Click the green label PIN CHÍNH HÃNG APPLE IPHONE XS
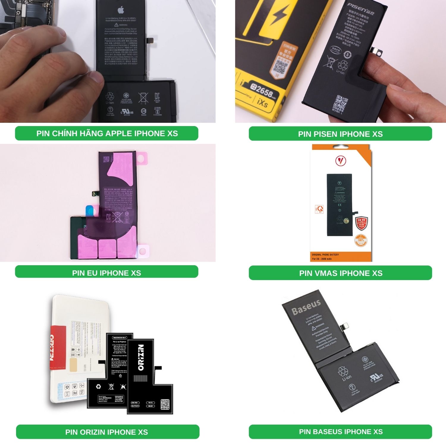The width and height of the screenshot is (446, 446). click(x=107, y=133)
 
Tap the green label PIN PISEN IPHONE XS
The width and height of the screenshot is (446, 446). click(x=340, y=134)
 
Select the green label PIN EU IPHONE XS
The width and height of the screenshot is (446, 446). click(x=106, y=273)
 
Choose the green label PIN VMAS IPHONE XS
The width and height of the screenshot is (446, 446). click(x=340, y=273)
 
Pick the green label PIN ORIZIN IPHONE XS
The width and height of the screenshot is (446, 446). click(x=107, y=432)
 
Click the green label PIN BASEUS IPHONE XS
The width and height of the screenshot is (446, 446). click(x=340, y=431)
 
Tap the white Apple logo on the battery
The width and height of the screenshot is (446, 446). click(x=120, y=10)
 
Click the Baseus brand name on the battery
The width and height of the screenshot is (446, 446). click(x=306, y=307)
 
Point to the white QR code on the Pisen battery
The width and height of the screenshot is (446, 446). click(x=340, y=103)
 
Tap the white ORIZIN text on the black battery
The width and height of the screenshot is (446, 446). click(x=141, y=357)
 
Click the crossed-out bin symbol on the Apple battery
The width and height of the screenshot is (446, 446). click(x=143, y=97)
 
